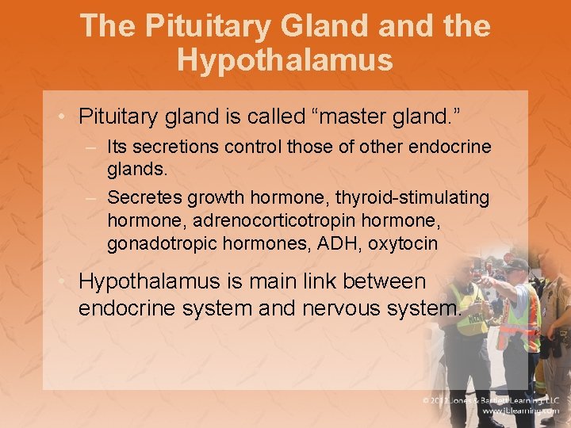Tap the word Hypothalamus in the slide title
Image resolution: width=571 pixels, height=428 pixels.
[285, 59]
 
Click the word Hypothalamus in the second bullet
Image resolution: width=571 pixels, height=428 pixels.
[173, 281]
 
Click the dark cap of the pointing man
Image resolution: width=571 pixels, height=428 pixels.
[515, 265]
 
